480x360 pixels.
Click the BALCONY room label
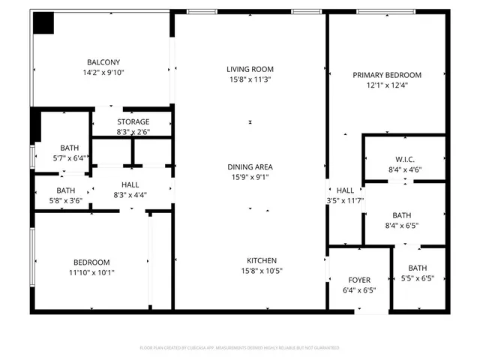click(x=103, y=62)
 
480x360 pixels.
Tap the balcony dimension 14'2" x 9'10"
click(x=103, y=73)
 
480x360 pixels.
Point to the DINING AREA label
click(x=251, y=167)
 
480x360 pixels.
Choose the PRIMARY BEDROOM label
click(x=387, y=75)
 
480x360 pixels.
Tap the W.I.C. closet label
click(x=404, y=160)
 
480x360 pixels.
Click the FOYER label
click(x=358, y=280)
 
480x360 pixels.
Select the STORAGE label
click(x=133, y=121)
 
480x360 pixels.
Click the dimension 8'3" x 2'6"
click(x=133, y=132)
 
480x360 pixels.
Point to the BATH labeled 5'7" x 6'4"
click(x=69, y=148)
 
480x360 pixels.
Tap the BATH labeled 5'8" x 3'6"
click(x=66, y=190)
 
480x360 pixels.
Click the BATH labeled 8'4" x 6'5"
click(x=402, y=214)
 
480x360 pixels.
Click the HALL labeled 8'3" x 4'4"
click(x=130, y=184)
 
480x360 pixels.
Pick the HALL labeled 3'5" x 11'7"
click(x=345, y=190)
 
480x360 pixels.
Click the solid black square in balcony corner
click(x=43, y=23)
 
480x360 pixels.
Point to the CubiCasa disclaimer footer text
click(x=239, y=348)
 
